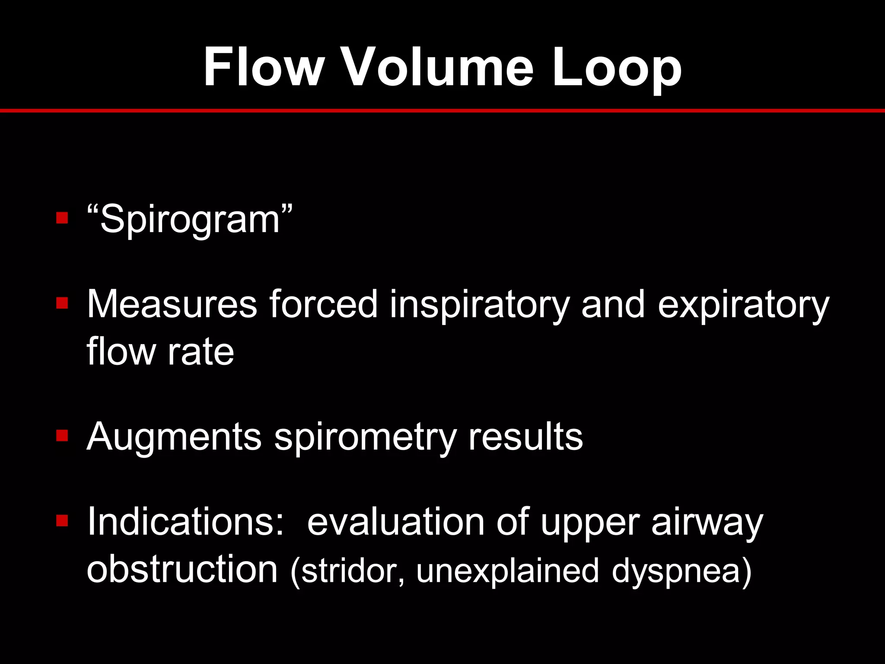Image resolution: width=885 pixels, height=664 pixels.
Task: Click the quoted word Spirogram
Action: pyautogui.click(x=190, y=219)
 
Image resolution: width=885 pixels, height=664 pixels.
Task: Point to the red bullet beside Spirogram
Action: pyautogui.click(x=62, y=217)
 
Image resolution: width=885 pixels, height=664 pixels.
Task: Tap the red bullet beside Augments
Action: pyautogui.click(x=62, y=435)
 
